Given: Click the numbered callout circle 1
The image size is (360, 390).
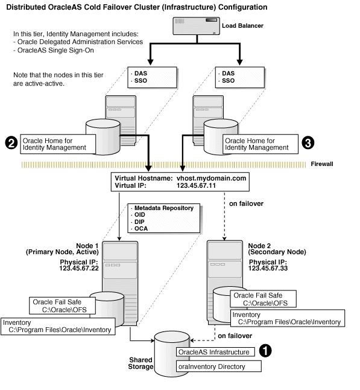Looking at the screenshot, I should coord(264,350).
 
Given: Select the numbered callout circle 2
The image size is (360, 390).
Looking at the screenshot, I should coord(10,143).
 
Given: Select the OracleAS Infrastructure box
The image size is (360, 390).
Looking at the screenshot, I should coord(214,351).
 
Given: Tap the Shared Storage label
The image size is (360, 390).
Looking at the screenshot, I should coord(141,363).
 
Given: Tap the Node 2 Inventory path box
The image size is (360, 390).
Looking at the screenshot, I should coord(287,318).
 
